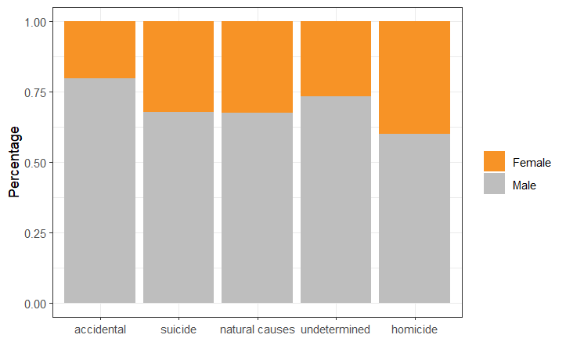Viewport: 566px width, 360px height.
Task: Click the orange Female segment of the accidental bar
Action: pos(99,49)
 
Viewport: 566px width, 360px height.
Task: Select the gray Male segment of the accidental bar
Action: pos(99,190)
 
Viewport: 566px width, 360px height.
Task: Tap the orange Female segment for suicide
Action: pos(178,67)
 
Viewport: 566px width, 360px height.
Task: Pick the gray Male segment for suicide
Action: pos(178,207)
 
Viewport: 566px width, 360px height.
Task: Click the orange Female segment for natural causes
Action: pos(257,67)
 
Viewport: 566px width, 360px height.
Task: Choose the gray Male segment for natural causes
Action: pos(257,207)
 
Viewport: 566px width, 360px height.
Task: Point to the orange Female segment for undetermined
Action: pos(336,59)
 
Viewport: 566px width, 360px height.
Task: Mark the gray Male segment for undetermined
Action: pos(336,200)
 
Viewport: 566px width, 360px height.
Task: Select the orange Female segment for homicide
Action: pos(414,77)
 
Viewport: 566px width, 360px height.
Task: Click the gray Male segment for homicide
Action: pos(414,218)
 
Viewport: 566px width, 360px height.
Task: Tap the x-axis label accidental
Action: pos(99,329)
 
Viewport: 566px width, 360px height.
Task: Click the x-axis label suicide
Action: pos(178,329)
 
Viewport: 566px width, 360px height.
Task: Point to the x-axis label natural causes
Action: pos(257,329)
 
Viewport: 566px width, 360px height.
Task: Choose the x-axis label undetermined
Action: pos(336,329)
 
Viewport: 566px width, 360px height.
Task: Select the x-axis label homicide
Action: pos(414,329)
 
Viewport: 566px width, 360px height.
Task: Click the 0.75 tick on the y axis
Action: pos(35,92)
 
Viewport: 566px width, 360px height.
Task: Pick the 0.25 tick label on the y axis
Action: pos(35,233)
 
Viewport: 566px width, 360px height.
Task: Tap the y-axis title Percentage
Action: pos(14,162)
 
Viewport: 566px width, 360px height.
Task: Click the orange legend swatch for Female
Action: pos(494,161)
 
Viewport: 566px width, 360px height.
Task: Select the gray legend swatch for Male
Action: pos(494,184)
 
